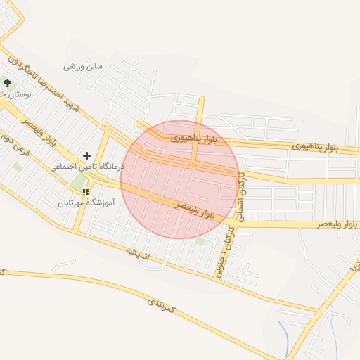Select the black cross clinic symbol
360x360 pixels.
coord(86,155)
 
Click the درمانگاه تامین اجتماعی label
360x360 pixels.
coord(86,167)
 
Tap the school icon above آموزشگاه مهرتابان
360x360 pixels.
coord(86,191)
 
